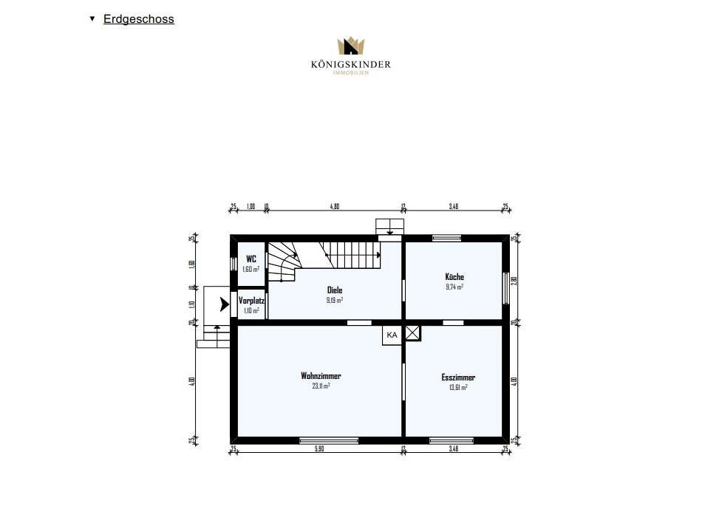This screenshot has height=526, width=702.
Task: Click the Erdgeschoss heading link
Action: click(x=139, y=19)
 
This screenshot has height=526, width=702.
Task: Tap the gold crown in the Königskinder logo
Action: click(x=350, y=47)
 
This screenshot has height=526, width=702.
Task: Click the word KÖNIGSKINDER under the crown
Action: click(x=350, y=65)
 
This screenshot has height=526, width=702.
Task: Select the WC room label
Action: click(x=251, y=259)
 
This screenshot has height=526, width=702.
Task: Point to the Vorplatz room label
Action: click(x=252, y=301)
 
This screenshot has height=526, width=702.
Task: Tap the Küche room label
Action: click(x=454, y=277)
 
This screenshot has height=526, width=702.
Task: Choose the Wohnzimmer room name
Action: click(x=320, y=375)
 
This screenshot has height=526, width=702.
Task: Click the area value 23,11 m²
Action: click(x=320, y=386)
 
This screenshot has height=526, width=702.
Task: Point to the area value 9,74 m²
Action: click(x=454, y=287)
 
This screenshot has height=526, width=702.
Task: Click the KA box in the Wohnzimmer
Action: click(x=392, y=335)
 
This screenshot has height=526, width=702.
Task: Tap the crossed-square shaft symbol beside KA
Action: click(x=412, y=334)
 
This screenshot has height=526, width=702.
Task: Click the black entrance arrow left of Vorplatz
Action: click(x=225, y=303)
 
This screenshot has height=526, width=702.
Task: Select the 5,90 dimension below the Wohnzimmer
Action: click(x=318, y=449)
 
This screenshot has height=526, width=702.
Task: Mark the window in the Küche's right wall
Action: click(x=506, y=287)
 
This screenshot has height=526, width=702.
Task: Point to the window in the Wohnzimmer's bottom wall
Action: click(x=329, y=440)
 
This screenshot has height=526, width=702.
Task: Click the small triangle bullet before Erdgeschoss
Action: click(x=92, y=18)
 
